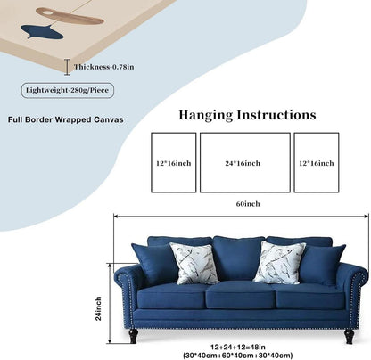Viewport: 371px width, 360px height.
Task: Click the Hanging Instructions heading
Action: tap(247, 115)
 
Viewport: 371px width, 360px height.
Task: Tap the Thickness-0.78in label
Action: tap(103, 67)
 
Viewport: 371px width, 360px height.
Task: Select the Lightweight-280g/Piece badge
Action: tap(68, 90)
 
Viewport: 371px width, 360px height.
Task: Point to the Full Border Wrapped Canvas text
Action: tap(66, 119)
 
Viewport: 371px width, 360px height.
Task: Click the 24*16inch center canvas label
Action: tap(243, 163)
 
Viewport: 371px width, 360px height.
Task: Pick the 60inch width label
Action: tap(248, 204)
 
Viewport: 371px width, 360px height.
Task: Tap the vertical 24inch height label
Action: tap(98, 308)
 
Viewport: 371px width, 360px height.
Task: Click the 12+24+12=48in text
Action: tap(238, 347)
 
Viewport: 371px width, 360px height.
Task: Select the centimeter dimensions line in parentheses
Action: tap(238, 355)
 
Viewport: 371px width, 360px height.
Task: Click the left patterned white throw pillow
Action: tap(195, 263)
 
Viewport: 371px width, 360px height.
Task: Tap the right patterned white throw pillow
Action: tap(279, 262)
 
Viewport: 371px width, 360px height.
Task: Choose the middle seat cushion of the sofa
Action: tap(241, 295)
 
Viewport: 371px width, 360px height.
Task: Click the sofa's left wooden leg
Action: tap(134, 336)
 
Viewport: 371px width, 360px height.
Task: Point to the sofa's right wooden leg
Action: tap(349, 337)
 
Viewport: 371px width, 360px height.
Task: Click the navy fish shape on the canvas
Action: tap(42, 32)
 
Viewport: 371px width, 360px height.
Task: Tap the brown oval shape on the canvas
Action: tap(70, 16)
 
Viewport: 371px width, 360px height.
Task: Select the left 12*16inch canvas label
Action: tap(174, 163)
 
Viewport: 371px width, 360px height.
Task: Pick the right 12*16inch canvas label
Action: tap(317, 163)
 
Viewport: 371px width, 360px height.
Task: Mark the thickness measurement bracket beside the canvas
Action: tap(68, 67)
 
